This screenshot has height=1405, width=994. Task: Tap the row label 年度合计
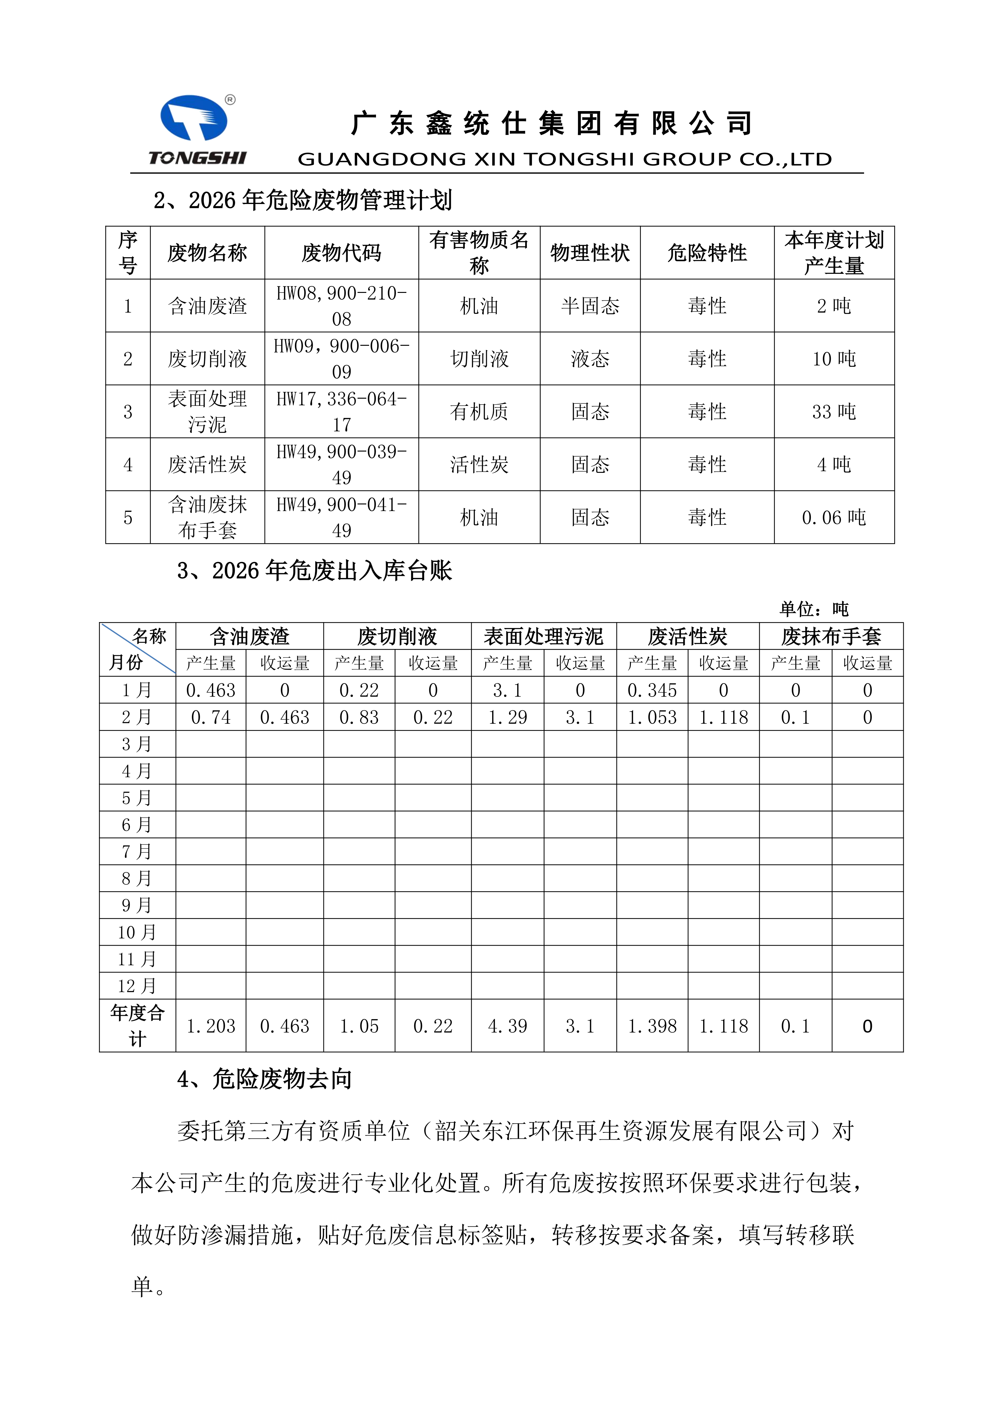pos(137,1026)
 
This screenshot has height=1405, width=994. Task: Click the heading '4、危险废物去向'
pos(265,1079)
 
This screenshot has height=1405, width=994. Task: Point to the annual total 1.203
pos(211,1026)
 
